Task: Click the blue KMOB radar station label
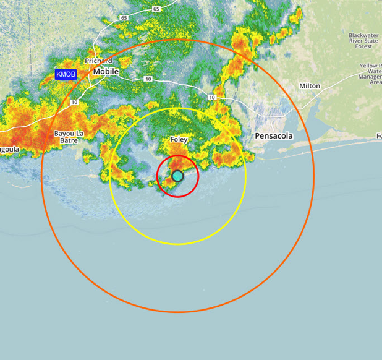(x=66, y=74)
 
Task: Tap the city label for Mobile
(x=106, y=72)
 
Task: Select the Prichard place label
(x=99, y=61)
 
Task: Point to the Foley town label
(x=179, y=140)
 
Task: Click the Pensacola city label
(x=274, y=135)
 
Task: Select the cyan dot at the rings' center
(x=177, y=176)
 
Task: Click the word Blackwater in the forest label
(x=363, y=35)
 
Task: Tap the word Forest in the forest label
(x=363, y=46)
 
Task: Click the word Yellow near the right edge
(x=370, y=66)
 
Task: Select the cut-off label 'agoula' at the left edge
(x=10, y=150)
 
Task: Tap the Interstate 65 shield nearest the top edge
(x=156, y=9)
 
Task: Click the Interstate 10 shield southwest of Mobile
(x=74, y=102)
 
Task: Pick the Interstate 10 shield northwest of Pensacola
(x=212, y=98)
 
